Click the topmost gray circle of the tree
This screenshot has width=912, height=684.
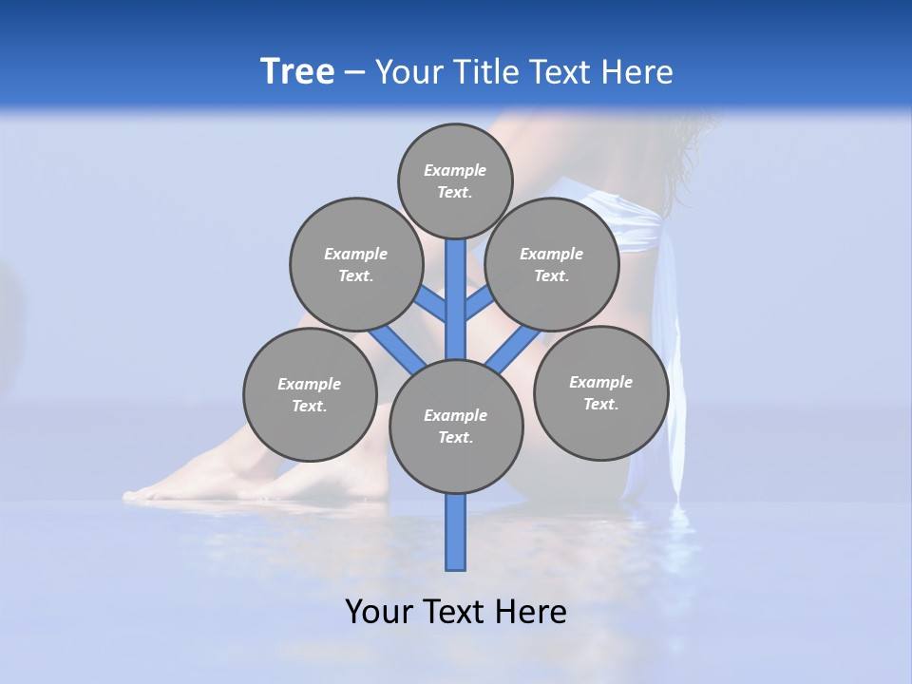tap(455, 180)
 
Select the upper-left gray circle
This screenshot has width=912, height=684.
tap(356, 264)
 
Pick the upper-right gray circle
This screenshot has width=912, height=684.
tap(552, 264)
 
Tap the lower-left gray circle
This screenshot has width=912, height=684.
tap(310, 394)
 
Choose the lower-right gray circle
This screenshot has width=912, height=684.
tap(600, 392)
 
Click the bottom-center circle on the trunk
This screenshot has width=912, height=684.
tap(456, 427)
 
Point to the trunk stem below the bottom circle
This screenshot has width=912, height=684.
tap(456, 532)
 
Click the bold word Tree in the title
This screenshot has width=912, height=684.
tap(297, 71)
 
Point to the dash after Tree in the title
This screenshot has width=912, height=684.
tap(354, 72)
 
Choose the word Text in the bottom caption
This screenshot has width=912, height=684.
tap(452, 611)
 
